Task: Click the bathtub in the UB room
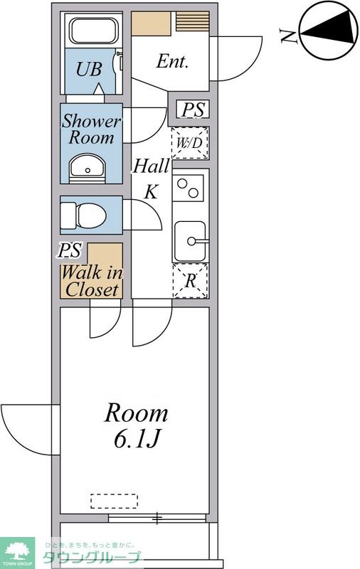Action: [94, 31]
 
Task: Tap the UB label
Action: [88, 69]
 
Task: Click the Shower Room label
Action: [91, 129]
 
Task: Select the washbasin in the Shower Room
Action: [87, 169]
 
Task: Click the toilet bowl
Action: [83, 216]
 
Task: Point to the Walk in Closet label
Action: [92, 281]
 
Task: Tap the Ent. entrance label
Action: [172, 61]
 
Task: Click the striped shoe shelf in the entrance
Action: [193, 21]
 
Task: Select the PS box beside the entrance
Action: [193, 110]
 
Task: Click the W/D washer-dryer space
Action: [190, 143]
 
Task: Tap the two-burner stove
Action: [188, 188]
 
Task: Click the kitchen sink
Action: [191, 241]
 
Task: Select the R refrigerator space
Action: [191, 281]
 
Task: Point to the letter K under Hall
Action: [151, 191]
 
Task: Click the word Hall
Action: [151, 166]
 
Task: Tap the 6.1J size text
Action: [137, 439]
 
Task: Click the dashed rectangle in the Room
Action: [114, 501]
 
